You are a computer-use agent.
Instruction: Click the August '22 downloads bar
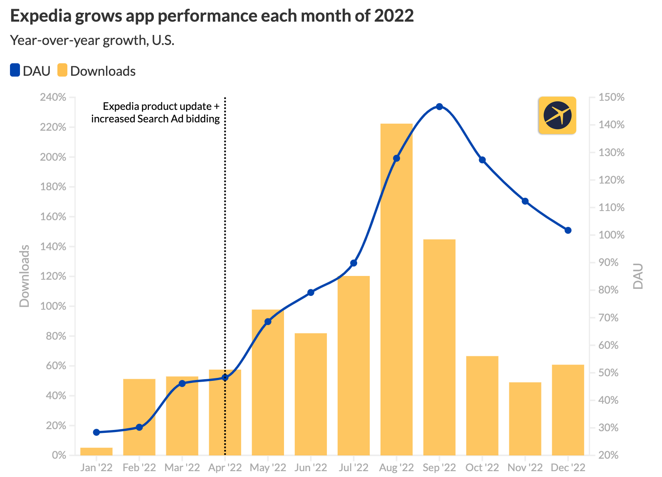[396, 291]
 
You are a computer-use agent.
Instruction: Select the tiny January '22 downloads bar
[96, 451]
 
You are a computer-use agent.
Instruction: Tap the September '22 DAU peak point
[439, 107]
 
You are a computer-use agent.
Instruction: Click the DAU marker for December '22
[568, 230]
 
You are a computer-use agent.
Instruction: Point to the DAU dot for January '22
[96, 432]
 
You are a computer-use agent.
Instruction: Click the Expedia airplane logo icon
[557, 115]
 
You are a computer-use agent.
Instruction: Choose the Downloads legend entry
[96, 71]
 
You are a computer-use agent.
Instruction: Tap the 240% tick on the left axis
[53, 97]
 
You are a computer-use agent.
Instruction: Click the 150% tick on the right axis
[611, 97]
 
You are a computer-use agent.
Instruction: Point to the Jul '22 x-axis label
[353, 467]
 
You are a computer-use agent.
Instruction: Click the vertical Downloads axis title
[25, 276]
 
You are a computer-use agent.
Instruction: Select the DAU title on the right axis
[638, 276]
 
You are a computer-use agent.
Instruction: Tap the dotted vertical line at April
[225, 250]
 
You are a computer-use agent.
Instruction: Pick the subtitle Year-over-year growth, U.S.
[92, 40]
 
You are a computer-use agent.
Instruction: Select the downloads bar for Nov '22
[525, 418]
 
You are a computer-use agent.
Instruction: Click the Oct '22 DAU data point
[482, 160]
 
